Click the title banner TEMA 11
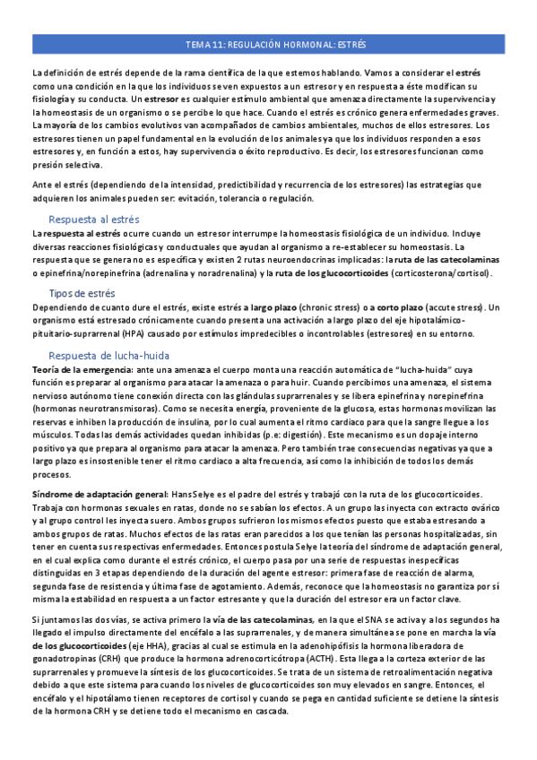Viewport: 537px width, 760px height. (x=269, y=45)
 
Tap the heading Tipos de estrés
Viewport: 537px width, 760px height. (x=82, y=293)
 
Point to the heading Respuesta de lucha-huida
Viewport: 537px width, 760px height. (x=105, y=354)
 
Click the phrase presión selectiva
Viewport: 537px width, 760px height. (x=67, y=164)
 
